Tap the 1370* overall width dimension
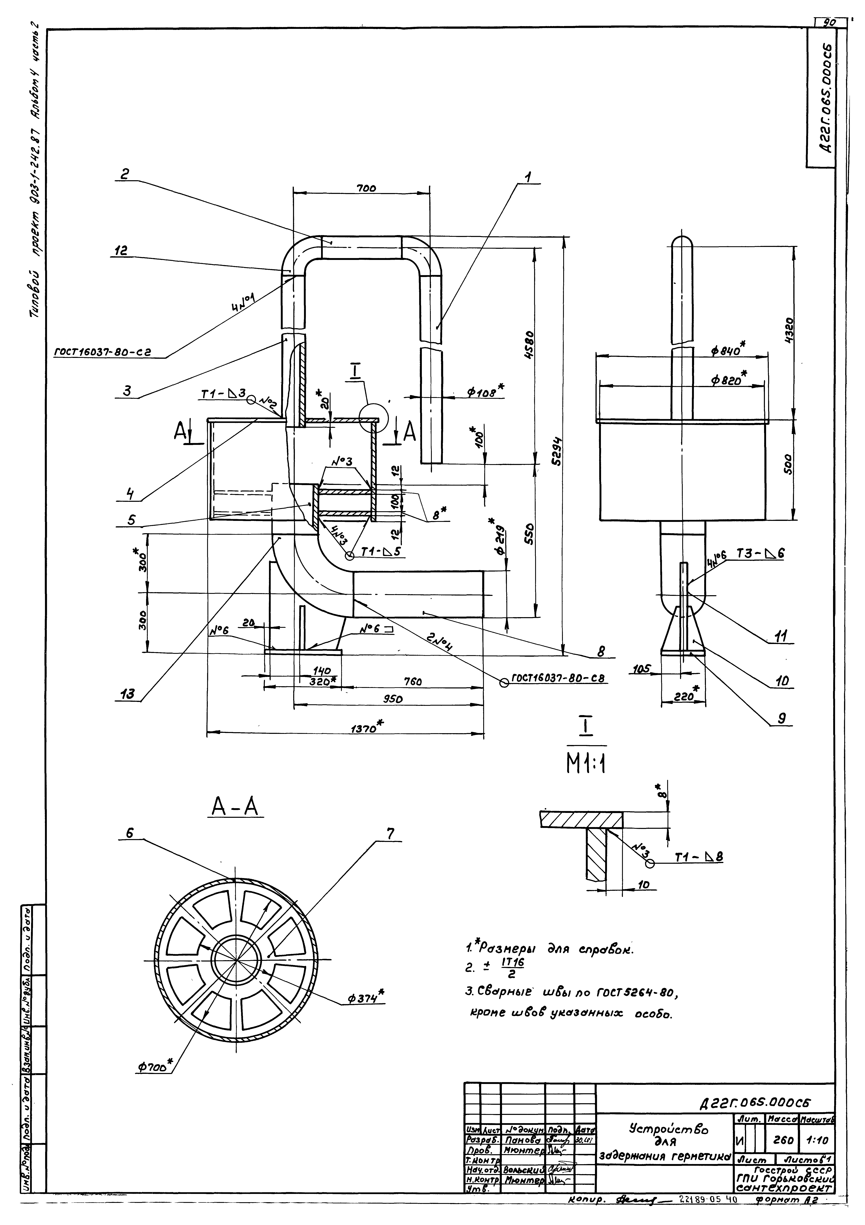(367, 727)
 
